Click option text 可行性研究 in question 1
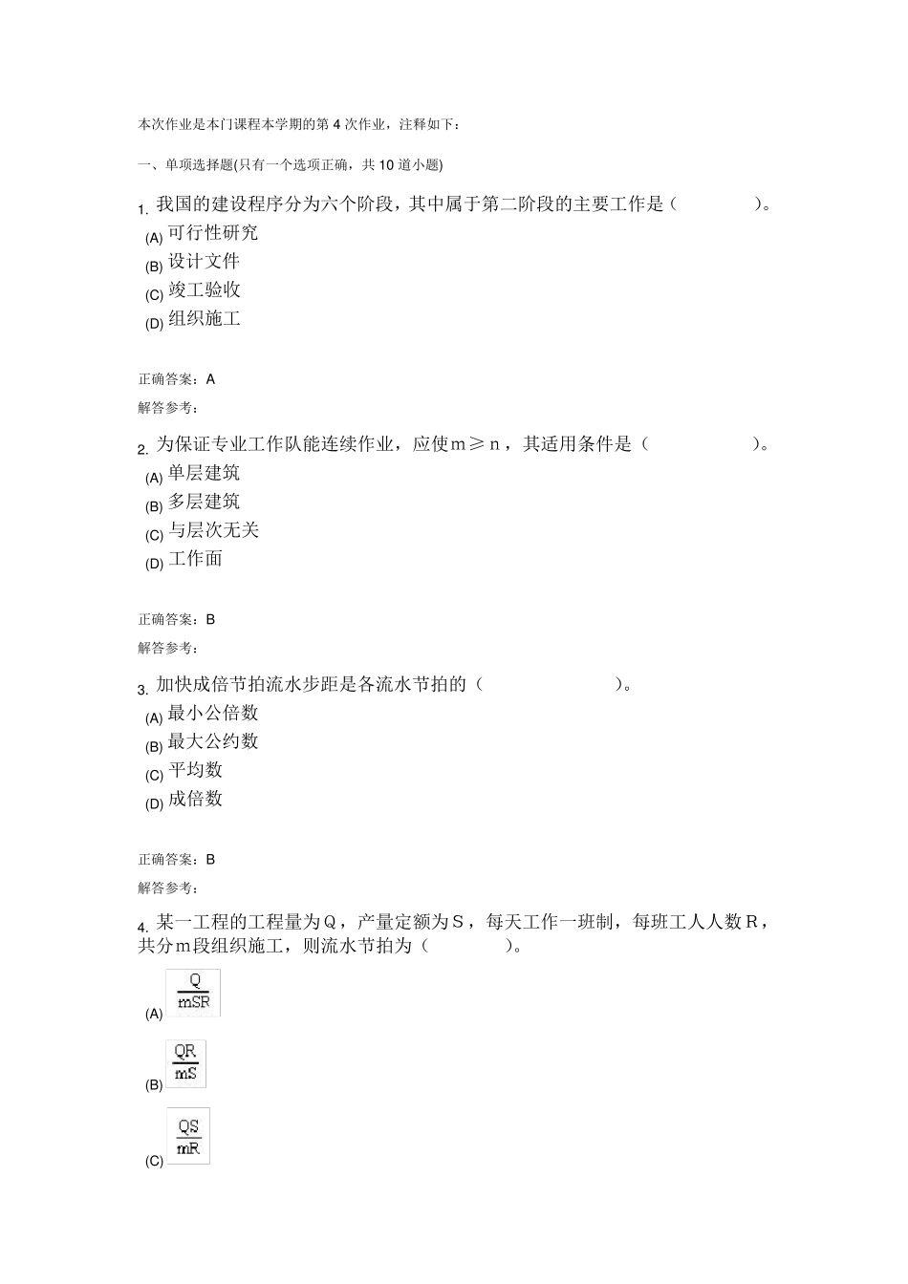point(212,233)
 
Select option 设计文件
point(204,262)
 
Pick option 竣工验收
point(204,290)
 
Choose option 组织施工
point(204,319)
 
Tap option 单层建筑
point(204,473)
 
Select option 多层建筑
point(204,502)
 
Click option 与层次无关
point(213,530)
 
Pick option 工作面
point(195,559)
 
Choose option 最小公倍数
point(212,714)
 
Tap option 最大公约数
point(212,742)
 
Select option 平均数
point(195,770)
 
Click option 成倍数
point(195,799)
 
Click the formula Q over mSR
point(193,993)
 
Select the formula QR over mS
point(185,1063)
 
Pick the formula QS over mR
point(188,1137)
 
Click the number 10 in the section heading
point(387,165)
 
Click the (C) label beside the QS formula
point(154,1162)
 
